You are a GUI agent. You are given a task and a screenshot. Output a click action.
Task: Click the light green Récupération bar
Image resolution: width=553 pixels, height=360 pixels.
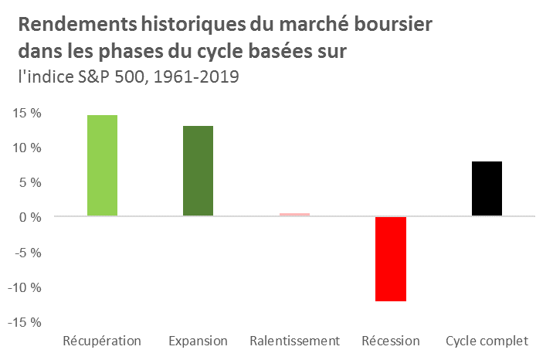click(102, 165)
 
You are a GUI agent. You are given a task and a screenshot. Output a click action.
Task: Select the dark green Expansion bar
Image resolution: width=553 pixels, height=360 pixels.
click(198, 171)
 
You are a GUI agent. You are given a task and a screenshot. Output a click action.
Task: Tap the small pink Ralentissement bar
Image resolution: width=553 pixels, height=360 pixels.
click(294, 215)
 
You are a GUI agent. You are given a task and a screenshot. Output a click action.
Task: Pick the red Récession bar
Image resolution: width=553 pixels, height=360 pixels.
click(391, 259)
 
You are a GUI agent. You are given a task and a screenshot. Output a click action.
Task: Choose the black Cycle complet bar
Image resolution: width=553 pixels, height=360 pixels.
click(487, 188)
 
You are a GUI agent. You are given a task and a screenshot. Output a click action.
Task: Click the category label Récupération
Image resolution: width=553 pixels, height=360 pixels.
click(101, 341)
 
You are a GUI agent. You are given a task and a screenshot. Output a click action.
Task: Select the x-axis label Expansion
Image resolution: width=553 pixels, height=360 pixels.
click(198, 341)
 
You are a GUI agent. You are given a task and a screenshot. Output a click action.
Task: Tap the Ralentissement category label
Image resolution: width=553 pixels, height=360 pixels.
click(294, 341)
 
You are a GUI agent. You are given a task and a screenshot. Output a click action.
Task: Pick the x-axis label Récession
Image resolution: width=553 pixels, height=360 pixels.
click(390, 341)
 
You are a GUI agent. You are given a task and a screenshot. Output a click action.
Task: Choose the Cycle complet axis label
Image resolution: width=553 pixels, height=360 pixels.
click(487, 341)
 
